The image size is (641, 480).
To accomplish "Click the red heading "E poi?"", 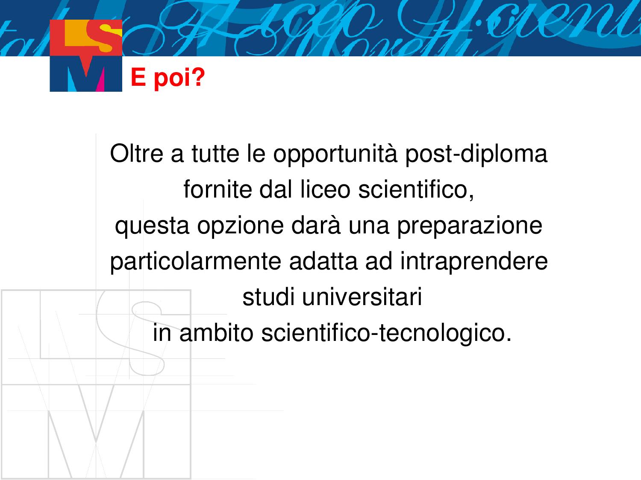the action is click(168, 78).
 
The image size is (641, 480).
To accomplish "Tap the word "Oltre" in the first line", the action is click(136, 154).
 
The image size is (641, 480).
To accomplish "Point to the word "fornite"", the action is click(218, 189).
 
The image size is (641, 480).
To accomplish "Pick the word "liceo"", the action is click(325, 189).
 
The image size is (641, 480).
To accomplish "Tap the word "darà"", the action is click(316, 225).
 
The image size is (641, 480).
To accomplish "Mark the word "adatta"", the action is click(323, 261).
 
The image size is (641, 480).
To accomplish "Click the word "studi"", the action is click(268, 297).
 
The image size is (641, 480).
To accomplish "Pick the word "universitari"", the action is click(362, 297).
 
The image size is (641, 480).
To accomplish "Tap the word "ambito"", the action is click(216, 332).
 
